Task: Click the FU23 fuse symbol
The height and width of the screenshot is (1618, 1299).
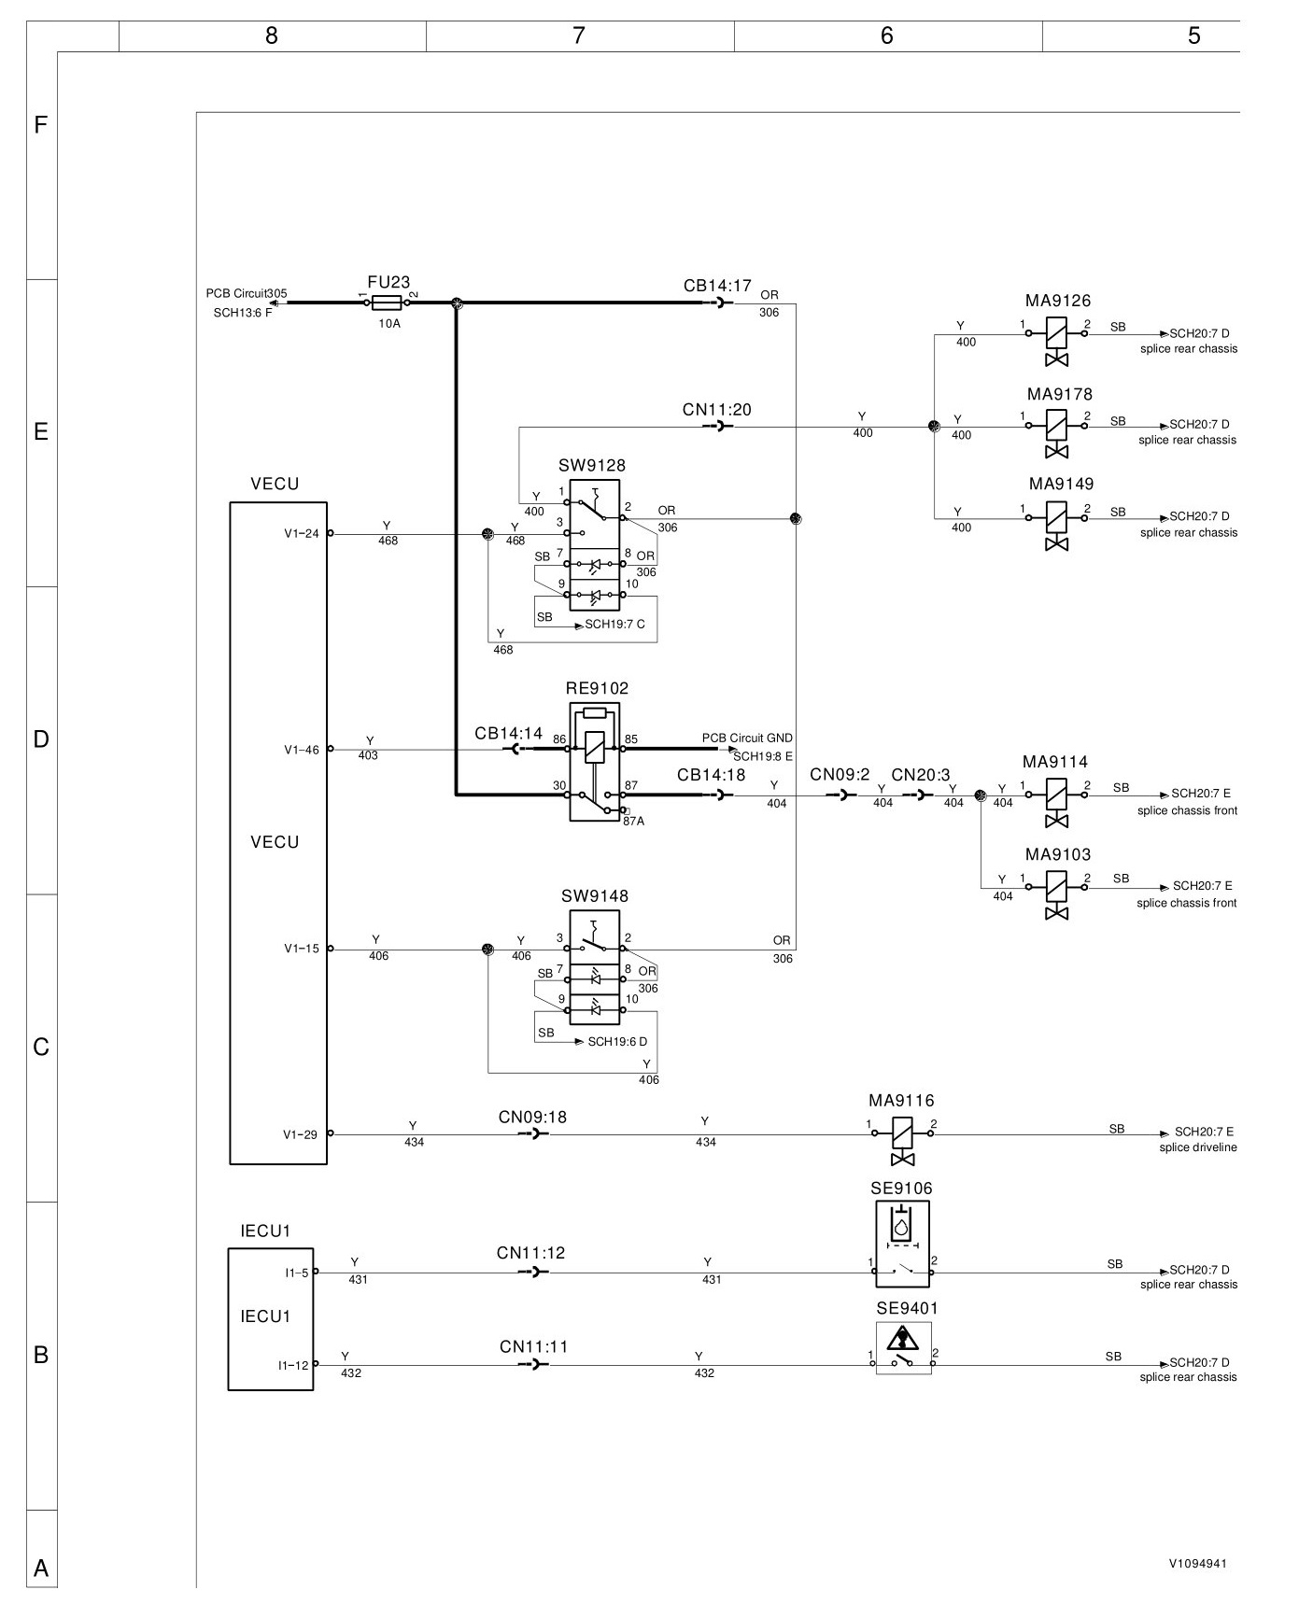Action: (x=387, y=302)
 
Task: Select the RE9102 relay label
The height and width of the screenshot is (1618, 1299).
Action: (x=598, y=689)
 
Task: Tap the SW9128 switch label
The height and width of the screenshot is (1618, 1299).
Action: (x=592, y=466)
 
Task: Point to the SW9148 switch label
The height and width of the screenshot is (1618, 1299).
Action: (x=595, y=896)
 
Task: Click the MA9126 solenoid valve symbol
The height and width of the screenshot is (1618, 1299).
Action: (x=1056, y=341)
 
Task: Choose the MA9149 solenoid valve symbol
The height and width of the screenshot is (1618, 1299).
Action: (x=1056, y=525)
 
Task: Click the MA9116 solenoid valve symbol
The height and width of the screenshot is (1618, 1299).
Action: (x=902, y=1141)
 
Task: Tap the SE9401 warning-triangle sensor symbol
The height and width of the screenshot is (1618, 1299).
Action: (x=904, y=1348)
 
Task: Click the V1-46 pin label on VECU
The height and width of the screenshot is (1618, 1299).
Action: (x=302, y=750)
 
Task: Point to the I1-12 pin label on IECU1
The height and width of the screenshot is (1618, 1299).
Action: (x=293, y=1365)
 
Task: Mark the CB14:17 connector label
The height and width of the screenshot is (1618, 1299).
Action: (x=717, y=286)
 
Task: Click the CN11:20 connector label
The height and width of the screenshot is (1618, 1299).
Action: (x=716, y=410)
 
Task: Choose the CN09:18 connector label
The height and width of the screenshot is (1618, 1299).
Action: (x=532, y=1118)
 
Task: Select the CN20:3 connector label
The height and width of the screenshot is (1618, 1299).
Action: (x=921, y=775)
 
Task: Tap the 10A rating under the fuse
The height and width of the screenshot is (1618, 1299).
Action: (x=389, y=323)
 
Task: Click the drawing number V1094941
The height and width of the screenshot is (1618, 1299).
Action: (x=1197, y=1563)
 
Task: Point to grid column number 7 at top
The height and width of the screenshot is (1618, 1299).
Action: (x=579, y=35)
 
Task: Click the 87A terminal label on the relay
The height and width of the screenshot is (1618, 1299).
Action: (x=633, y=822)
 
